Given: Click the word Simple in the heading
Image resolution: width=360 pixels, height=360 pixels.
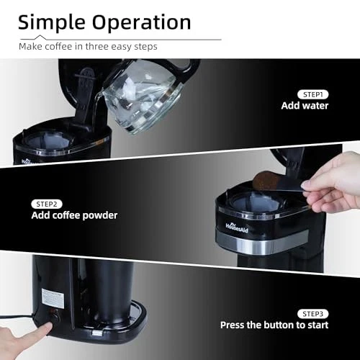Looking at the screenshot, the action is click(x=52, y=23).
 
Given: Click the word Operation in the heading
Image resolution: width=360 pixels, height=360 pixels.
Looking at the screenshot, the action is click(x=142, y=23).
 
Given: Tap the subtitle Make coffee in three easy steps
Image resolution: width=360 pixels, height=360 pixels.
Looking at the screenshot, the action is click(x=88, y=47).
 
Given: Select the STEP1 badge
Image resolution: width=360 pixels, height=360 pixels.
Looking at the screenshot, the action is click(x=312, y=94).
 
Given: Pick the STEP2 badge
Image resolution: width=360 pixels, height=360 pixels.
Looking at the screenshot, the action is click(x=47, y=204).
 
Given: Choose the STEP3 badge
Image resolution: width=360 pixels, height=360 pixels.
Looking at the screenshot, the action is click(x=312, y=314).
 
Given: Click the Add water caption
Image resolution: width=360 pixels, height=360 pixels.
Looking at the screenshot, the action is click(x=305, y=106).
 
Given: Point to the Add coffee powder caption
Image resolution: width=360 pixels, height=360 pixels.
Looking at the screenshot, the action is click(x=74, y=215).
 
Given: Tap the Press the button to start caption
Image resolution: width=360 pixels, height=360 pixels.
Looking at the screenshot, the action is click(x=274, y=325).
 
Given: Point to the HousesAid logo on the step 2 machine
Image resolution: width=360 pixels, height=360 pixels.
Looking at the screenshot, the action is click(x=237, y=228).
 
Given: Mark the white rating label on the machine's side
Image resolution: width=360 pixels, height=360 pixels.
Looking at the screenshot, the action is click(x=53, y=298).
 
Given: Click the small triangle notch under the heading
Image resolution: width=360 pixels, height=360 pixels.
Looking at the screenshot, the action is click(x=40, y=37).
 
